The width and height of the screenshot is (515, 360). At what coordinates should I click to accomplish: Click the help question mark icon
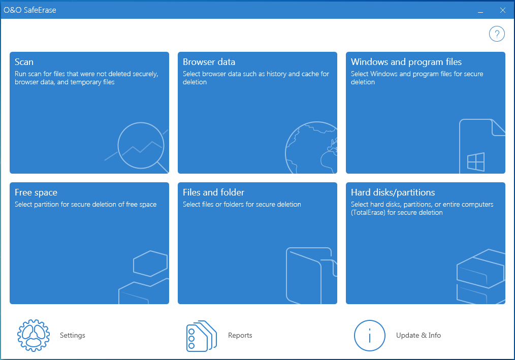coord(497,34)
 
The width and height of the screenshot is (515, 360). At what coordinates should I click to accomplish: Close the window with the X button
coord(502,10)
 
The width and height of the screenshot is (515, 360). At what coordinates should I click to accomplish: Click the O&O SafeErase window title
coord(30,10)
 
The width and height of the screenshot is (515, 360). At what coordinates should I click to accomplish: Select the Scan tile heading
coord(24,62)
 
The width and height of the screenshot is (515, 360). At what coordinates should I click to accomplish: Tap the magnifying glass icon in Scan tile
coord(141,146)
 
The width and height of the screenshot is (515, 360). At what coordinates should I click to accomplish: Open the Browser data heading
coord(209,62)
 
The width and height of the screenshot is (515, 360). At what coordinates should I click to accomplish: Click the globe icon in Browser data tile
coord(311,147)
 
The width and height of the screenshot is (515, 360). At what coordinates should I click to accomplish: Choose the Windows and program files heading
coord(406,62)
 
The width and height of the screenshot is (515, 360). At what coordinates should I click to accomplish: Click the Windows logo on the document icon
coord(476,161)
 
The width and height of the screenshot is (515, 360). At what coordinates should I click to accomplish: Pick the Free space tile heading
coord(36,192)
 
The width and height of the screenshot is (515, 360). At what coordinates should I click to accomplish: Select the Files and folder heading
coord(213,192)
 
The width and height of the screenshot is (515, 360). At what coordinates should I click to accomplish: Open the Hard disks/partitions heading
coord(393,192)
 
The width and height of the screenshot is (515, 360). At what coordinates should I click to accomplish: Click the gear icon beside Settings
coord(34,335)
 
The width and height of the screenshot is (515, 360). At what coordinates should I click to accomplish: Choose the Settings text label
coord(73,335)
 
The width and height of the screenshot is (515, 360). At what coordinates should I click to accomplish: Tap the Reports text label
coord(240,335)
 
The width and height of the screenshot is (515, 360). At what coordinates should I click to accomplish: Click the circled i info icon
coord(370,335)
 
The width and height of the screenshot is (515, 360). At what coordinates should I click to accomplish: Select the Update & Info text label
coord(419,335)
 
